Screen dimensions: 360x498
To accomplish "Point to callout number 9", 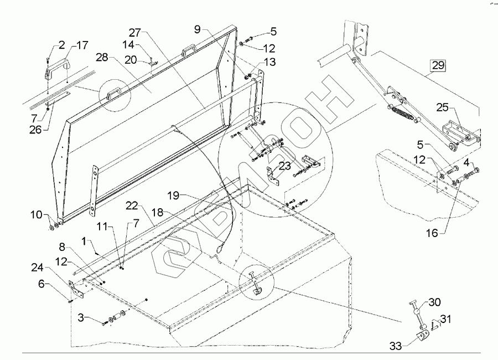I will point(199,29).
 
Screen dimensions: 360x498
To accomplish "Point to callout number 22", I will point(131,205).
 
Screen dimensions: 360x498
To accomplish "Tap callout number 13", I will point(269,61).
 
